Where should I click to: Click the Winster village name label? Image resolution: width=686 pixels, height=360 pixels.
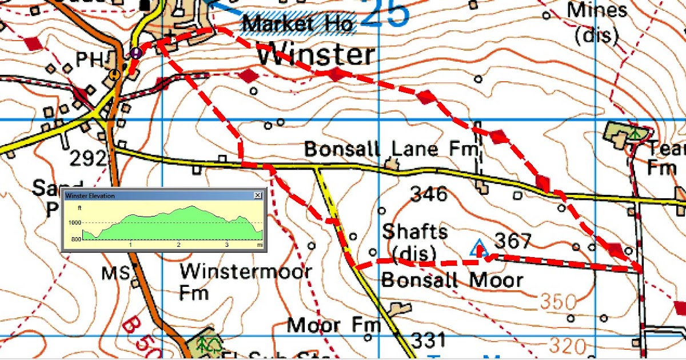click(x=316, y=55)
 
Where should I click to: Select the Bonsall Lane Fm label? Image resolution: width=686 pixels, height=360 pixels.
click(x=390, y=149)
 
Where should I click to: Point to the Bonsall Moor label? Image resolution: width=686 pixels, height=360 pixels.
click(x=452, y=280)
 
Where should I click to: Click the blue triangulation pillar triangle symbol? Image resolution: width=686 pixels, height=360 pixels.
click(x=477, y=248)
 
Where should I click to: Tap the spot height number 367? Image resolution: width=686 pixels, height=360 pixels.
click(x=512, y=241)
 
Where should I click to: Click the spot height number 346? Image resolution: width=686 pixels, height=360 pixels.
click(x=429, y=194)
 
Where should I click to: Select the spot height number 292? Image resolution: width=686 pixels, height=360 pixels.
click(x=89, y=157)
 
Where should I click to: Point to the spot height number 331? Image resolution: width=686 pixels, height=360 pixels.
click(x=429, y=341)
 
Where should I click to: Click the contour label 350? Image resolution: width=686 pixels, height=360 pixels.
click(x=559, y=301)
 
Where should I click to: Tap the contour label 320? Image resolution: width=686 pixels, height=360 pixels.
click(x=567, y=346)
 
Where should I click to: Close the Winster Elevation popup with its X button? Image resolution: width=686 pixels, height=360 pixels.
click(x=258, y=195)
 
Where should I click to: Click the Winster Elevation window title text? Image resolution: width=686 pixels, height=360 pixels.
click(x=90, y=195)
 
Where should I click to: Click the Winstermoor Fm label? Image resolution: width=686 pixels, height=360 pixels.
click(x=246, y=280)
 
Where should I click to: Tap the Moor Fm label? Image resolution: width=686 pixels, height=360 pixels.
click(x=334, y=325)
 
